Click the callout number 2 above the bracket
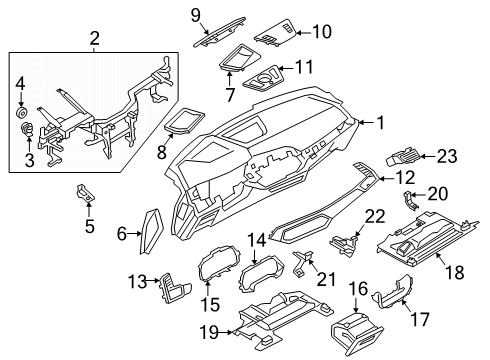click(x=93, y=40)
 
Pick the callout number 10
click(x=321, y=32)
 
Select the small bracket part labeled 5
click(x=86, y=194)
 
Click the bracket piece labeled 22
click(x=346, y=243)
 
